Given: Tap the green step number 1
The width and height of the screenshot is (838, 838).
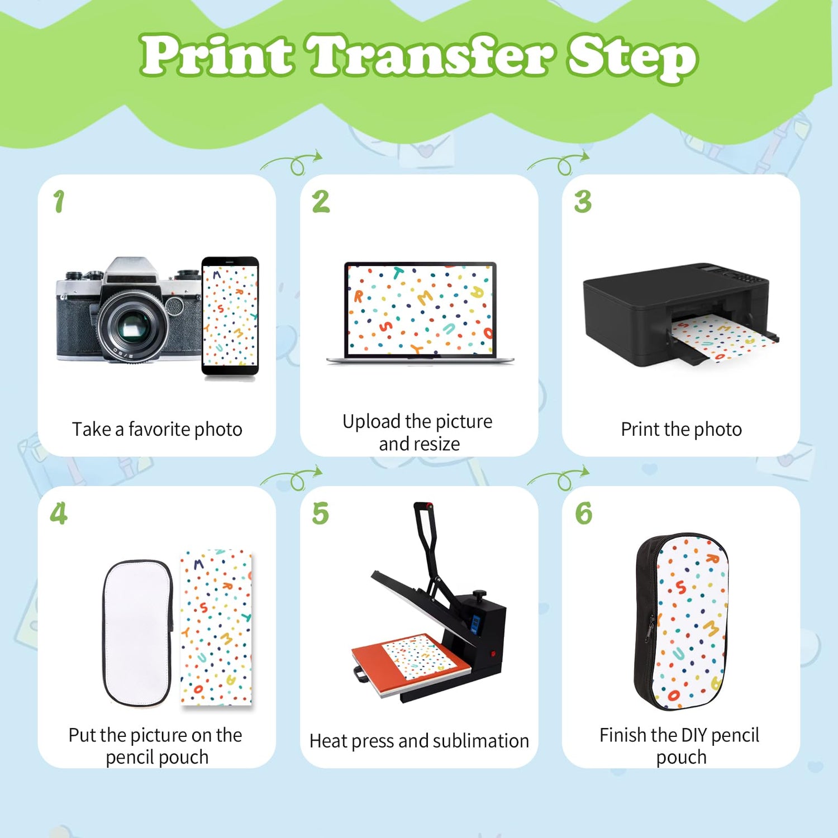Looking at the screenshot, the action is (x=59, y=201).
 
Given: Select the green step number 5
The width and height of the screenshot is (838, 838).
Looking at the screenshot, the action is (x=321, y=513).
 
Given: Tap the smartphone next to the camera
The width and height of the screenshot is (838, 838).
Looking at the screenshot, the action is (x=230, y=317).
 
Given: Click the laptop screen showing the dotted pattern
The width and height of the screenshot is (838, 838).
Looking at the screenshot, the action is (x=420, y=310).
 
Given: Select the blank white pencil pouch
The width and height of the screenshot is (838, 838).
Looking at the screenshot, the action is (x=137, y=633).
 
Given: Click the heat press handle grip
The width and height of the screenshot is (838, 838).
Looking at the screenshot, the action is (x=423, y=506).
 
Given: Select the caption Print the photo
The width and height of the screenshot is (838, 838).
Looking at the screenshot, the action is (x=682, y=429).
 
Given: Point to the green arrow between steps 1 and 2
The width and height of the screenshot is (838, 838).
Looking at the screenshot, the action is (x=291, y=163).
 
